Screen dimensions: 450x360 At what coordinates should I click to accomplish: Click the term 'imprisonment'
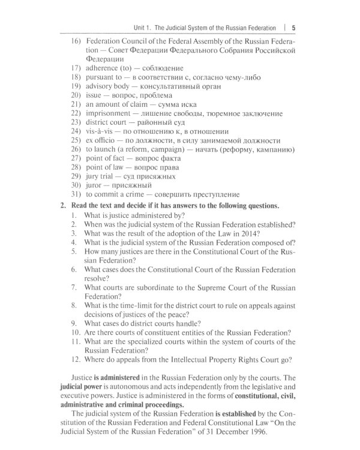tap(113, 113)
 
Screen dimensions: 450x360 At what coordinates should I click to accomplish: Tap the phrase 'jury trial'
tap(101, 176)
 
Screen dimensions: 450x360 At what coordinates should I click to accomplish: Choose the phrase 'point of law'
tap(105, 167)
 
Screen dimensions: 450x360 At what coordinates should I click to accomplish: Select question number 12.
tap(76, 360)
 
